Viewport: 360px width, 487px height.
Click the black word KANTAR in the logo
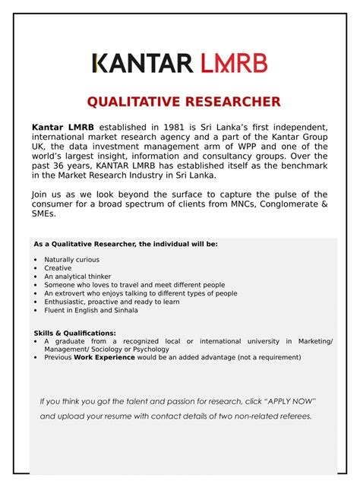click(142, 63)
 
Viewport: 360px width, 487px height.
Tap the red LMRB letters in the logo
click(234, 63)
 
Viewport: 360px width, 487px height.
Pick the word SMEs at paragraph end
click(43, 214)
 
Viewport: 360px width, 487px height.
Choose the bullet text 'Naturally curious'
click(71, 260)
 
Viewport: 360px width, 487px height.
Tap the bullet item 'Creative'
click(58, 268)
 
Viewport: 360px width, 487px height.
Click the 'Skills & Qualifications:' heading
click(75, 333)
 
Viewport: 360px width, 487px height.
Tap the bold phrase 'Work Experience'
click(104, 357)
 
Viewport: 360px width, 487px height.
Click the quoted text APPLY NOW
click(289, 401)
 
